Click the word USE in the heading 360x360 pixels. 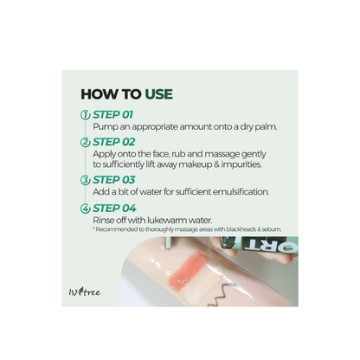tap(158, 94)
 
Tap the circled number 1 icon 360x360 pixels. tap(85, 115)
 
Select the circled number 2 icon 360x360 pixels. tap(85, 142)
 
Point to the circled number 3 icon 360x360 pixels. tap(85, 180)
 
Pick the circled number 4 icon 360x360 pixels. tap(85, 209)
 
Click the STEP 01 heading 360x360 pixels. tap(112, 115)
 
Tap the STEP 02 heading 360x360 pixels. tap(113, 142)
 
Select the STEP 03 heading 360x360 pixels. tap(113, 180)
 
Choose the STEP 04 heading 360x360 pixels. tap(114, 209)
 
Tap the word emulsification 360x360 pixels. tap(241, 192)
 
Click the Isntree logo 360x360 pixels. tap(85, 292)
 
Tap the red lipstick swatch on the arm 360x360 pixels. tap(186, 267)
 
